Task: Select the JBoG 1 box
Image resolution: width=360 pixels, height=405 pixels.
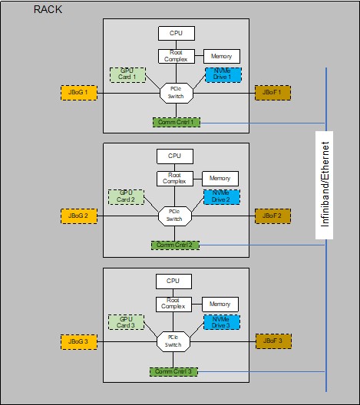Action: coord(78,93)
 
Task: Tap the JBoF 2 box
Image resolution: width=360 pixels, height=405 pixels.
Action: coord(272,216)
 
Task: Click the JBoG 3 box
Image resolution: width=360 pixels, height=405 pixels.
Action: coord(78,340)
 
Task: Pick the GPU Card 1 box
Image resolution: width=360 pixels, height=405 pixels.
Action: coord(127,74)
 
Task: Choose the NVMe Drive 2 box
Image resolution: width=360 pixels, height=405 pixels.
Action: coord(222,197)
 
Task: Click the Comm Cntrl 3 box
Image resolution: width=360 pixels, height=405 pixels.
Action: coord(174,371)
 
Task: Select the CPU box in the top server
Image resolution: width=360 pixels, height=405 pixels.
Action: coord(176,33)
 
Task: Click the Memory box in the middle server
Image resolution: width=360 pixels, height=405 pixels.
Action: coord(220,178)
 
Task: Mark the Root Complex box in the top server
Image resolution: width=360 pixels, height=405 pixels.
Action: coord(175,56)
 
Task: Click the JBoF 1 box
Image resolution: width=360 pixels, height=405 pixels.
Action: coord(272,93)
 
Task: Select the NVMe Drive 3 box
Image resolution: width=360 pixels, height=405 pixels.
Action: coord(222,322)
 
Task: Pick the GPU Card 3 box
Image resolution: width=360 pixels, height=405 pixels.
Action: coord(127,322)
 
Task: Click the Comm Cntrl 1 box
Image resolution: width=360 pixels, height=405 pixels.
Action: coord(176,122)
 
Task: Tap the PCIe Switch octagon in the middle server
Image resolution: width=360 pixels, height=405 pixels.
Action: coord(174,216)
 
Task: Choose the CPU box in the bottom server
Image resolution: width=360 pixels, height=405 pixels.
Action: coord(173,281)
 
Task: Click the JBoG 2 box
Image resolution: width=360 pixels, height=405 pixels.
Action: coord(78,216)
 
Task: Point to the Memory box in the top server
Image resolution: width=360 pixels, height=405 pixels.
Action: coord(222,57)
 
